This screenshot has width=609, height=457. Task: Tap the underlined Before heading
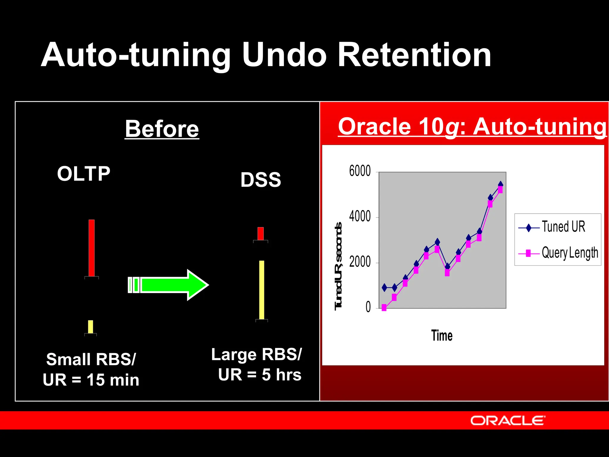(162, 129)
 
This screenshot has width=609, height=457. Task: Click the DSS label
(260, 180)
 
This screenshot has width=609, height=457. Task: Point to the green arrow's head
(198, 285)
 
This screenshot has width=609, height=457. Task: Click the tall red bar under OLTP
(92, 248)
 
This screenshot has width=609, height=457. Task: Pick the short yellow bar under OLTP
(90, 327)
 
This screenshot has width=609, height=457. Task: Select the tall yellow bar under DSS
(262, 290)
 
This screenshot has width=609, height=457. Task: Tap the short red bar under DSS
(260, 234)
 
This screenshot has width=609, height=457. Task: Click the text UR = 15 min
(91, 380)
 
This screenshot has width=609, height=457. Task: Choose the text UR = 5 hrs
(260, 375)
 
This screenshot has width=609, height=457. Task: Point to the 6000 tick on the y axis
(360, 171)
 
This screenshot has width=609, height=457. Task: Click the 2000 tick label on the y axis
(360, 262)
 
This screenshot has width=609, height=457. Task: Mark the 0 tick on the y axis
(368, 307)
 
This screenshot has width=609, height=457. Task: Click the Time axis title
(442, 336)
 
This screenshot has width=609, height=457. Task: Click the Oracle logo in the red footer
(508, 421)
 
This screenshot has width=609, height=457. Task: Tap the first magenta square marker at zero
(384, 308)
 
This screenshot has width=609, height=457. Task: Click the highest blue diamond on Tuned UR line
(500, 184)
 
